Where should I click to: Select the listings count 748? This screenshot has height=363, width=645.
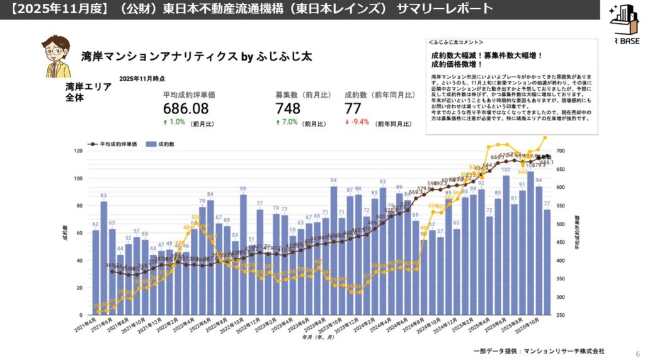click(x=288, y=108)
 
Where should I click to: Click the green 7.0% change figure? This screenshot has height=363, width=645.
click(x=288, y=122)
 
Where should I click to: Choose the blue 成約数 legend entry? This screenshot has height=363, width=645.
click(x=160, y=144)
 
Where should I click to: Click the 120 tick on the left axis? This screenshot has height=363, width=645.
click(x=78, y=151)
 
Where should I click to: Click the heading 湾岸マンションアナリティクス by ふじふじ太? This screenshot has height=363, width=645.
click(x=197, y=56)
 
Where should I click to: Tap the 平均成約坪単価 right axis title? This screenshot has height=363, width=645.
click(x=576, y=234)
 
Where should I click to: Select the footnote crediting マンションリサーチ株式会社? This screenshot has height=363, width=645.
click(x=539, y=350)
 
